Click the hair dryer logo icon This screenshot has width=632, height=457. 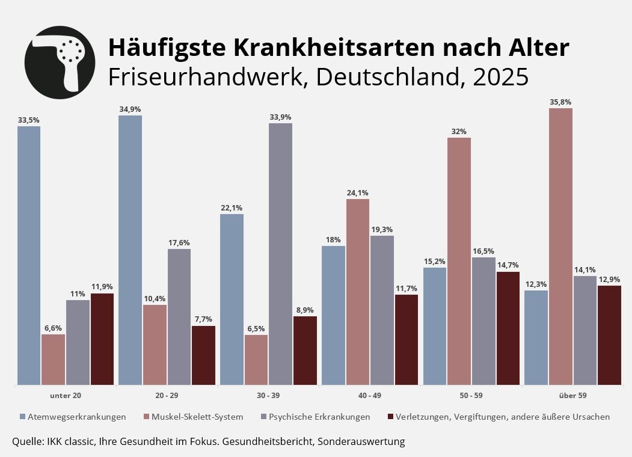point(60,62)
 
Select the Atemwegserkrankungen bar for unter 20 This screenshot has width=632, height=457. point(29,256)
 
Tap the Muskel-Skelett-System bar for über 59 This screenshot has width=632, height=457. point(560,247)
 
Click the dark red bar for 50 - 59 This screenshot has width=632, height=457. point(508,328)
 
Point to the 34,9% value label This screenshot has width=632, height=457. point(130,109)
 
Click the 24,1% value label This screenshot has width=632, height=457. point(357,193)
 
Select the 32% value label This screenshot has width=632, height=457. point(459,132)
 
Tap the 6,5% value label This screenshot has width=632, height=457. point(256,329)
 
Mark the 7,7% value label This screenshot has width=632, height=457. point(203,319)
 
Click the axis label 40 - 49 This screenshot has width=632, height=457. point(369,395)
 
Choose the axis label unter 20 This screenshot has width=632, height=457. point(65,395)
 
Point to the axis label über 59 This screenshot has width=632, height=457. point(572,395)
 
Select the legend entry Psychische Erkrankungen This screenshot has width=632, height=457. point(319,416)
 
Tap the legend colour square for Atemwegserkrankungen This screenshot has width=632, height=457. point(22,416)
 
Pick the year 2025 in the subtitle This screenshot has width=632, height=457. point(500,77)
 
